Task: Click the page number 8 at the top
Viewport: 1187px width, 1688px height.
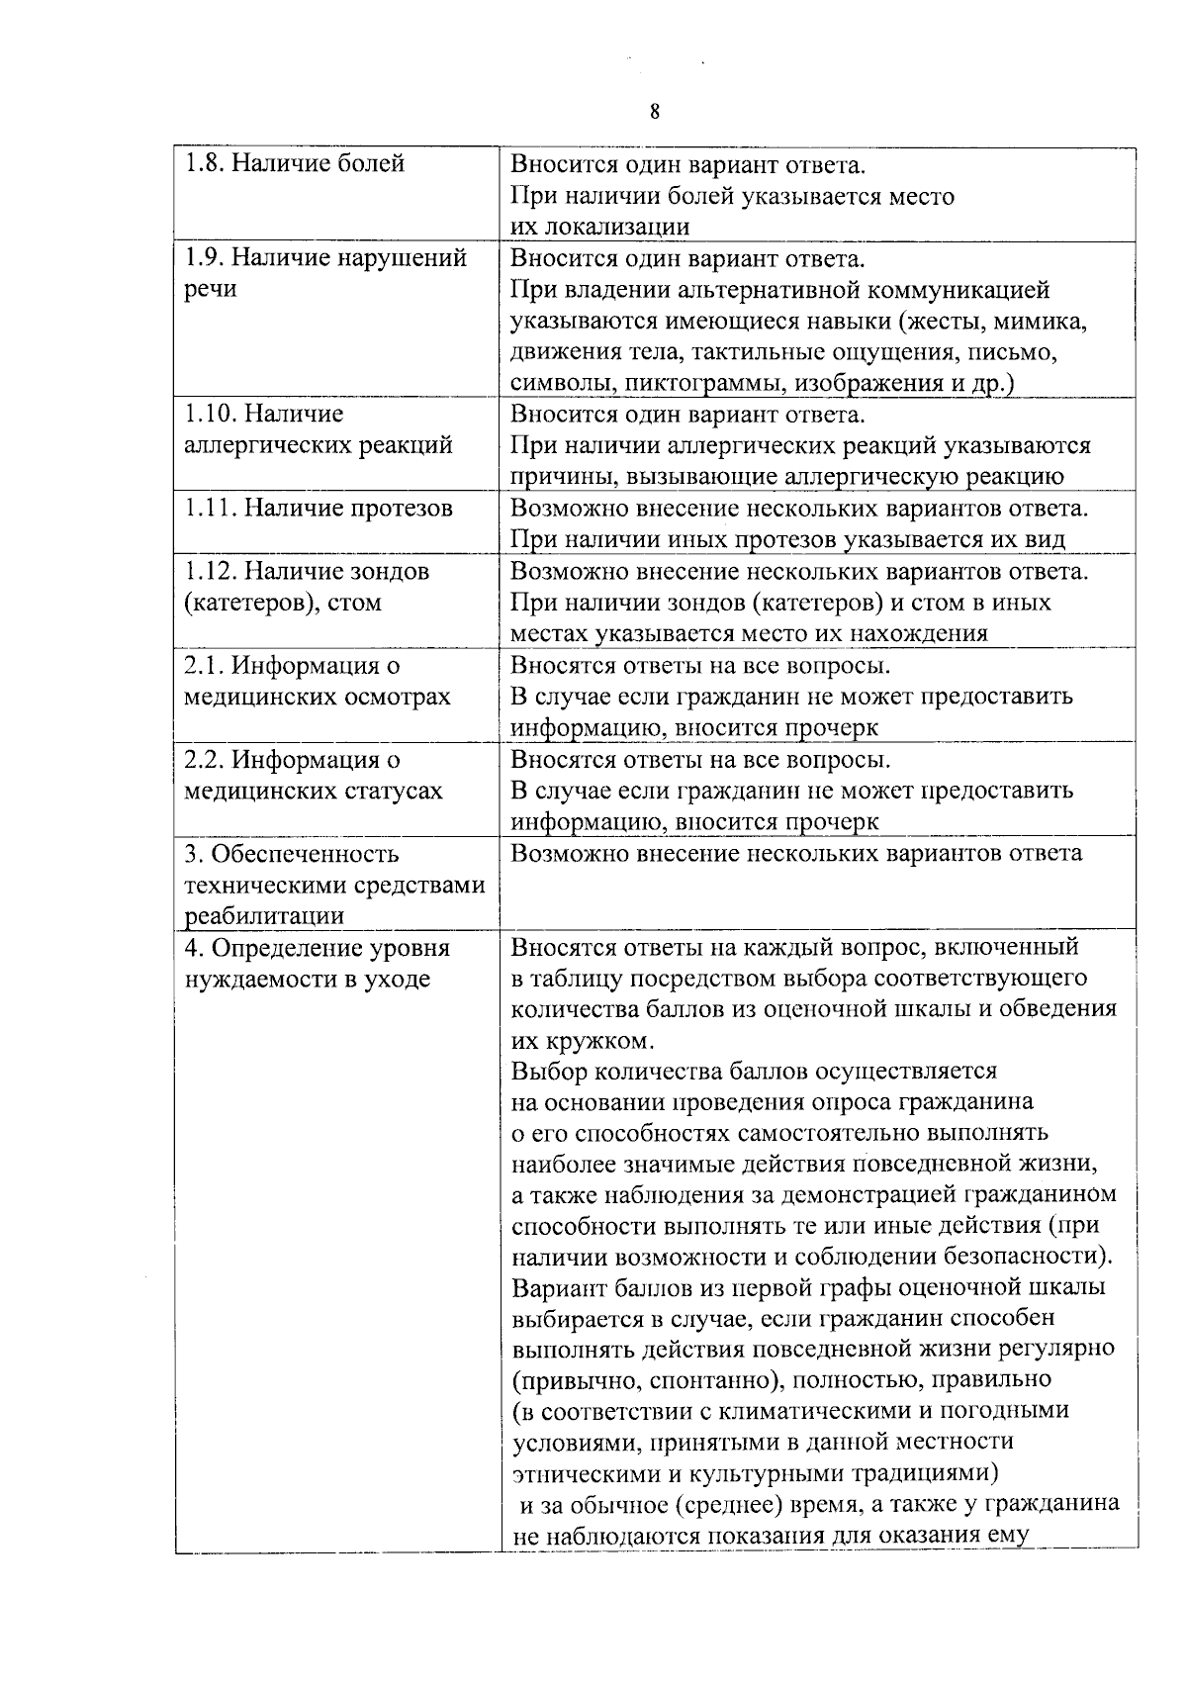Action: pyautogui.click(x=655, y=112)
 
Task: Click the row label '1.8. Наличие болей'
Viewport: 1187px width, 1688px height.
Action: pyautogui.click(x=295, y=163)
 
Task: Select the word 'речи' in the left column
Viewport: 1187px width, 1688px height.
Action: pyautogui.click(x=210, y=291)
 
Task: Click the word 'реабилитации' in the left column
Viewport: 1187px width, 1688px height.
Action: pyautogui.click(x=265, y=916)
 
